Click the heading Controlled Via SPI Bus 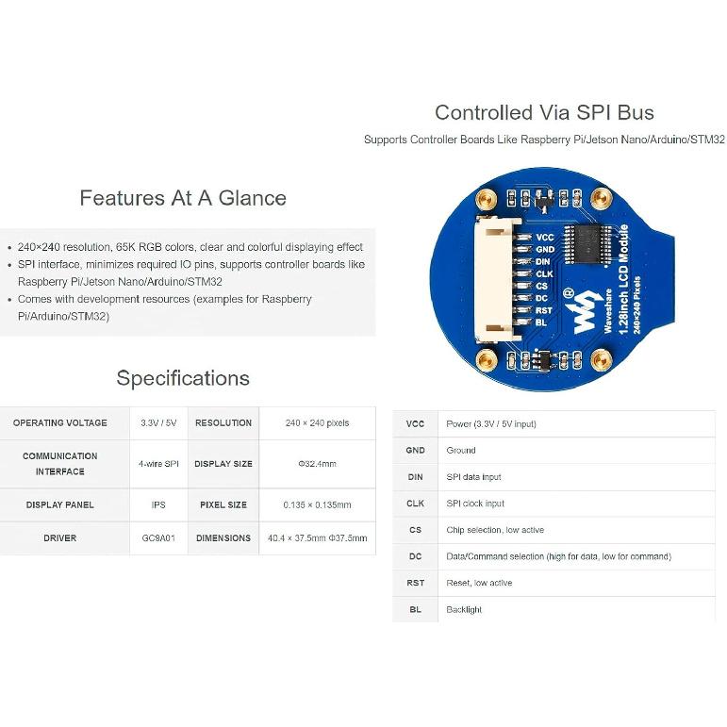(x=544, y=113)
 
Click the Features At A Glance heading (x=183, y=198)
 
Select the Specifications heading (x=183, y=378)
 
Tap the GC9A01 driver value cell (x=158, y=538)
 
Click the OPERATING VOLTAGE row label (x=60, y=423)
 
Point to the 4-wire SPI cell (x=158, y=464)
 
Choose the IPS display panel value (x=158, y=504)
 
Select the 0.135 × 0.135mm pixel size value (x=317, y=504)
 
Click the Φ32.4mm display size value (x=317, y=464)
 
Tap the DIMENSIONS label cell (x=223, y=538)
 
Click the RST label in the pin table (x=415, y=583)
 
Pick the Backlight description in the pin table (x=464, y=610)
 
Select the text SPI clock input (x=475, y=504)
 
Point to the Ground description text (x=461, y=451)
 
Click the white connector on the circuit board (x=493, y=283)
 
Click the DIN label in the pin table (x=415, y=477)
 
